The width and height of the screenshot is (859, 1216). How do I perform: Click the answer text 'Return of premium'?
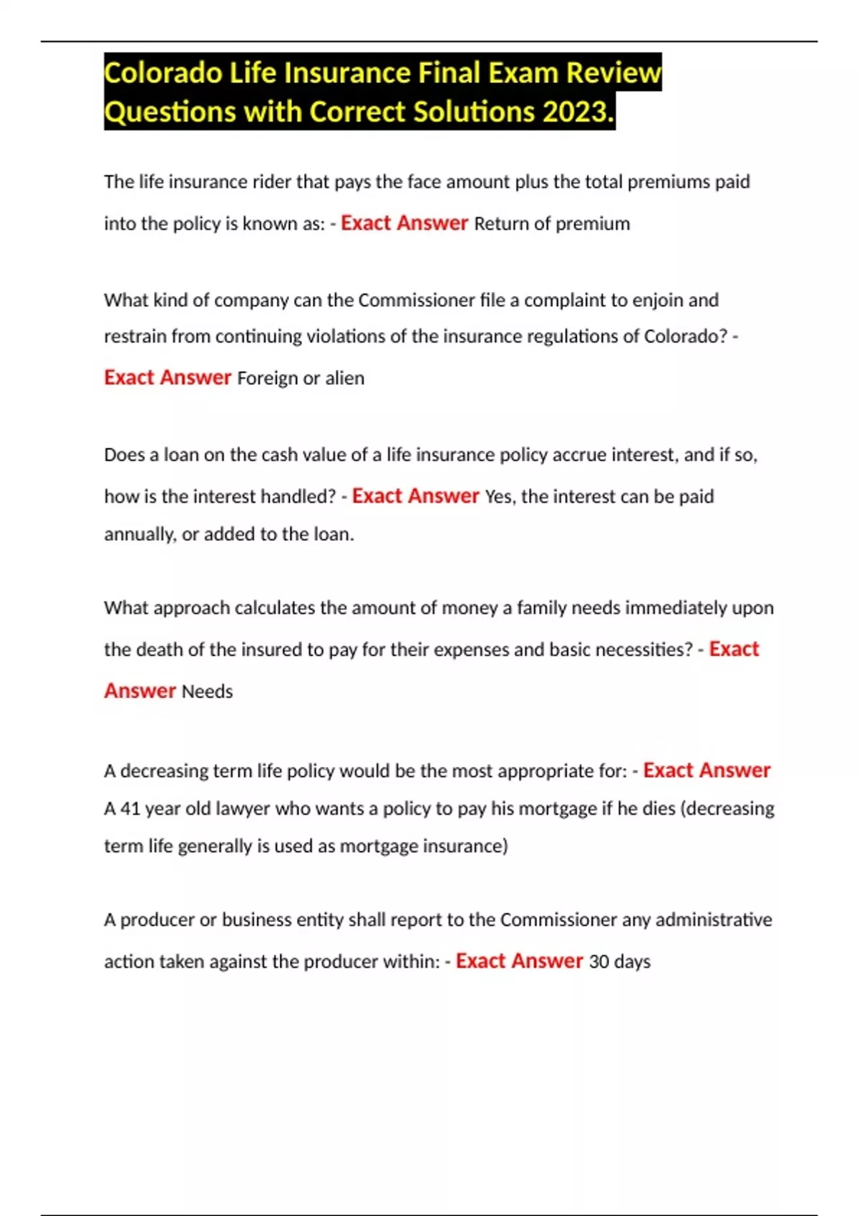552,224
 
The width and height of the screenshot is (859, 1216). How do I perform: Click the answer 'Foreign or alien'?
301,378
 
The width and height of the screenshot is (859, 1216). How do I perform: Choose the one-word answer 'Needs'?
207,692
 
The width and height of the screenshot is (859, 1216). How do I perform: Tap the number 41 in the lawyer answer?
130,809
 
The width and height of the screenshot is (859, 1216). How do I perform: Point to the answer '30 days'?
619,961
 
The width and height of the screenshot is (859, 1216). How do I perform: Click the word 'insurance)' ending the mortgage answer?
465,846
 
